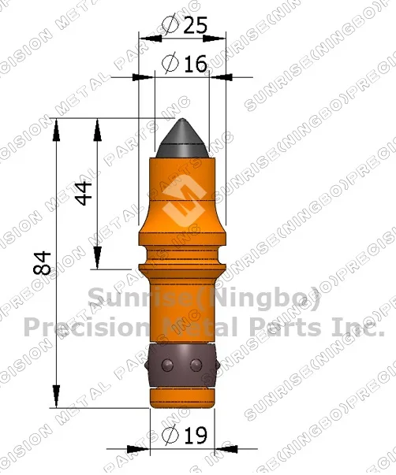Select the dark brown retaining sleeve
tap(182, 364)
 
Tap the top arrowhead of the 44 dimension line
tap(96, 128)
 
